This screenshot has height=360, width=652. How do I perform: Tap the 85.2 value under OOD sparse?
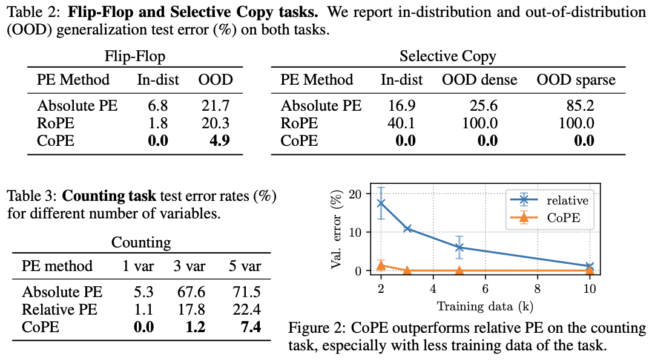(578, 106)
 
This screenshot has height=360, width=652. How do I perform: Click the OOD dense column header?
(479, 80)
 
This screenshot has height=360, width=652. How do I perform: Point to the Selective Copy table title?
(447, 57)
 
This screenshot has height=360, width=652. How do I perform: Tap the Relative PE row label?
(59, 310)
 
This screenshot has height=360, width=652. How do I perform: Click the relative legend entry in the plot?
(567, 200)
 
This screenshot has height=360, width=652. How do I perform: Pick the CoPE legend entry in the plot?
(563, 218)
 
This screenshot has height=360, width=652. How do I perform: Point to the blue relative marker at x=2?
(381, 203)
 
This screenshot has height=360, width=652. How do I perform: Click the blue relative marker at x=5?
(459, 247)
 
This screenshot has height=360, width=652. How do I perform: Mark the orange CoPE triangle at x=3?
(407, 270)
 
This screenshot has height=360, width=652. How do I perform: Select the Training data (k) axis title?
(485, 306)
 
